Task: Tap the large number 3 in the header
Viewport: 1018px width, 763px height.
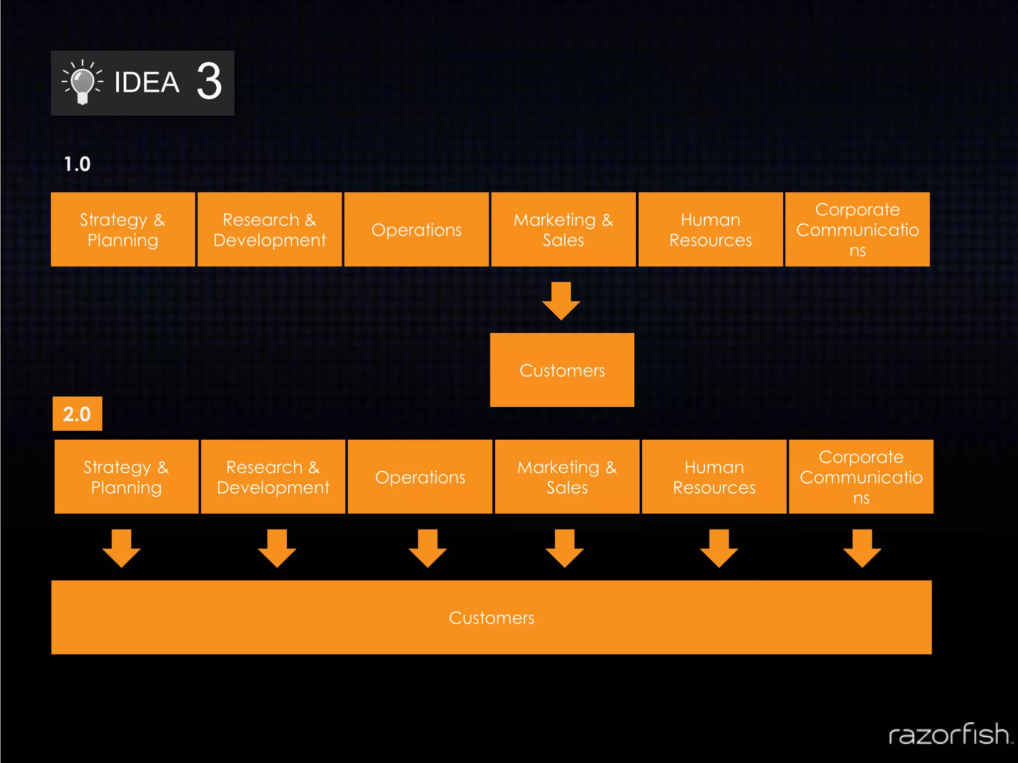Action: click(209, 81)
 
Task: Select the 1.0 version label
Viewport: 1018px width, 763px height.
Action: click(77, 164)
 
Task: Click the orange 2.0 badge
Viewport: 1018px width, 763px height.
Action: click(77, 414)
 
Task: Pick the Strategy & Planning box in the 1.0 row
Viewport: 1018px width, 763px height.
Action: click(123, 229)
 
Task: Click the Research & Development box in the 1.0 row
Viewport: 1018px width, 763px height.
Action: click(269, 229)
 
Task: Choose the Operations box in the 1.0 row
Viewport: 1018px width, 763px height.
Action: click(417, 229)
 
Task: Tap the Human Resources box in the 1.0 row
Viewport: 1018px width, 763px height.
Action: click(710, 229)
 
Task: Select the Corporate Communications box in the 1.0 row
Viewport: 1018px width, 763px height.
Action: click(857, 229)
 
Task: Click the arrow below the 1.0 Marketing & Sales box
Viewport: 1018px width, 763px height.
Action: click(561, 301)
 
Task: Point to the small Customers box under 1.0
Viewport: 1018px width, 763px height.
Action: click(562, 370)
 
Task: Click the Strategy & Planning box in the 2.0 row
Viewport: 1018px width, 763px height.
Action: click(126, 477)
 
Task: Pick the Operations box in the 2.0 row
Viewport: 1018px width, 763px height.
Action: click(420, 477)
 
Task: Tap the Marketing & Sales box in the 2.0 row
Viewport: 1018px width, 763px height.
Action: click(567, 477)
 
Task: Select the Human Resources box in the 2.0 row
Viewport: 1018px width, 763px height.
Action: click(714, 477)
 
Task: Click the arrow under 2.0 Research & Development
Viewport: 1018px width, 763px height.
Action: click(277, 548)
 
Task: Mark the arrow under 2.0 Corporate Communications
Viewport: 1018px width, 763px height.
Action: click(862, 548)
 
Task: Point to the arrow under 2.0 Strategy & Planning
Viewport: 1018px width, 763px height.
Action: click(121, 548)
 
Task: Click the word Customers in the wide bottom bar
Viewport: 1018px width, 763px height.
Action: click(492, 618)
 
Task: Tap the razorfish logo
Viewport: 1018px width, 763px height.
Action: click(949, 735)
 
